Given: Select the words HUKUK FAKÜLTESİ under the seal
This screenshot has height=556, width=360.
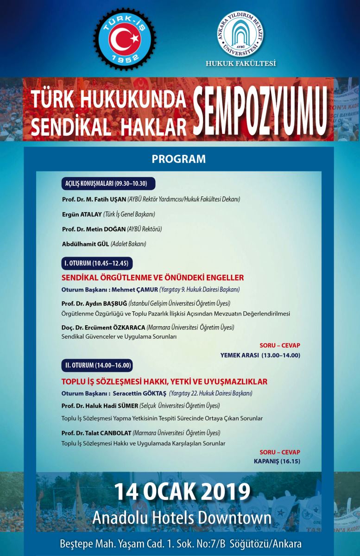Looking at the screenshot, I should [241, 63].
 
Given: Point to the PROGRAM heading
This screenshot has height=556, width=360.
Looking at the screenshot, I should [178, 159].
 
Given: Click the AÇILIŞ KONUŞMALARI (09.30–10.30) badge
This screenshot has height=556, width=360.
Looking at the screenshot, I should [107, 183].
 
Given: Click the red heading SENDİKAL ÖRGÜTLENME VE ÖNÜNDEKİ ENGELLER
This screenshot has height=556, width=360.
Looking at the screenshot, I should [152, 278].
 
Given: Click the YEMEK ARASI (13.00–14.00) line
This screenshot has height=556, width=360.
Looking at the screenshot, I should [260, 355].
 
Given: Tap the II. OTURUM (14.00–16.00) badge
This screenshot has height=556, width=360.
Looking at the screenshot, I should [97, 366].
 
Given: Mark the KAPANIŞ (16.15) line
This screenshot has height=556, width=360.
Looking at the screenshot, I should [277, 461].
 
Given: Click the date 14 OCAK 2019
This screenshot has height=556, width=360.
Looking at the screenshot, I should [182, 492].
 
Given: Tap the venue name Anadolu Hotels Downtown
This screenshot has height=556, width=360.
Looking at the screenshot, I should [182, 518].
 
